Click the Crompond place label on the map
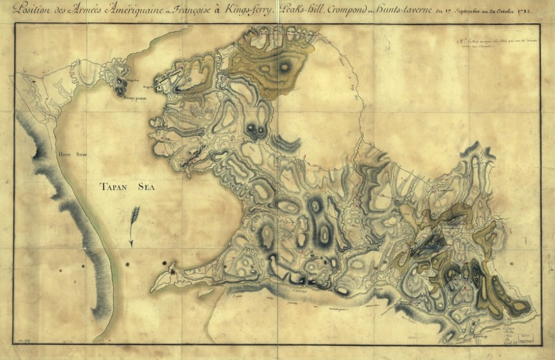coord(450,191)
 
